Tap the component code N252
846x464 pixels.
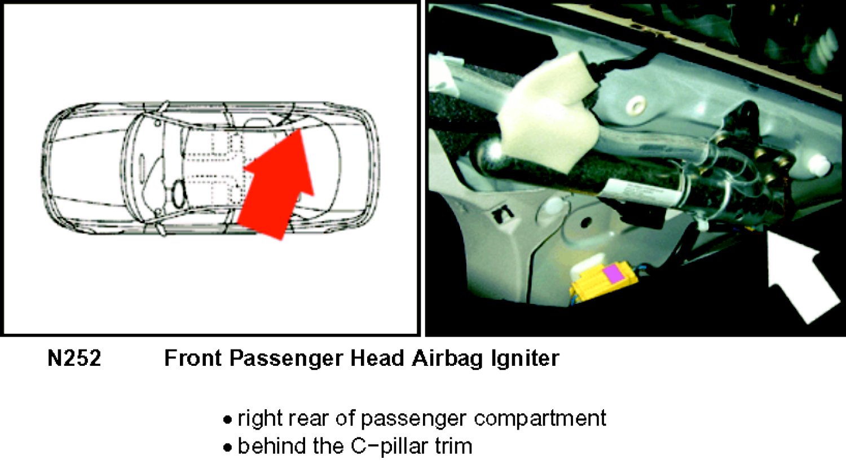(x=74, y=358)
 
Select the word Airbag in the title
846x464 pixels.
(x=448, y=358)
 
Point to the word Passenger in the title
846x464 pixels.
(x=287, y=358)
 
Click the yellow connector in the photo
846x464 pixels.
(x=602, y=282)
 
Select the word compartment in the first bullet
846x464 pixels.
(x=540, y=419)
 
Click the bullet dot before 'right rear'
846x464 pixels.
(x=227, y=420)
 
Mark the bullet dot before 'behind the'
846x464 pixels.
(x=227, y=448)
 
